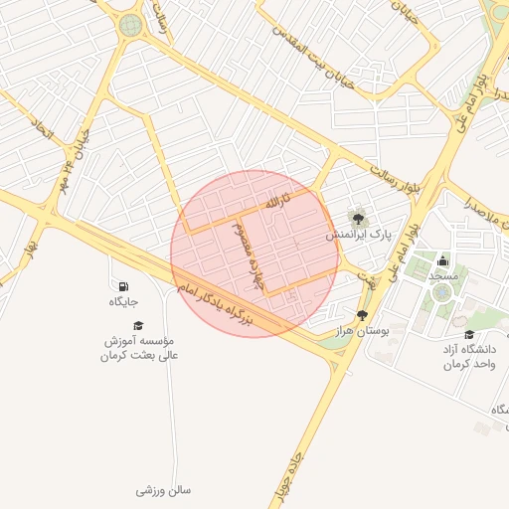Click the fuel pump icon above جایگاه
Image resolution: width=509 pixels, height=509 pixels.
(123, 287)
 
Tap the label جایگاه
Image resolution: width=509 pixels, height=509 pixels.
(123, 301)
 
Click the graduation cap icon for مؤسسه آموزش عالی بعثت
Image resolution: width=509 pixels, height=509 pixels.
(138, 325)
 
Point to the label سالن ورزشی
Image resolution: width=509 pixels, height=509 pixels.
(163, 490)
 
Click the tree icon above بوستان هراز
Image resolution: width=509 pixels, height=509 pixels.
(361, 314)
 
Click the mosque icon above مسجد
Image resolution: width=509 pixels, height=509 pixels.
(441, 260)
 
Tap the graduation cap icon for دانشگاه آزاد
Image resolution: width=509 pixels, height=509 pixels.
(469, 334)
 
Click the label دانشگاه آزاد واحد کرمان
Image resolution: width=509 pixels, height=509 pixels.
(469, 357)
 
